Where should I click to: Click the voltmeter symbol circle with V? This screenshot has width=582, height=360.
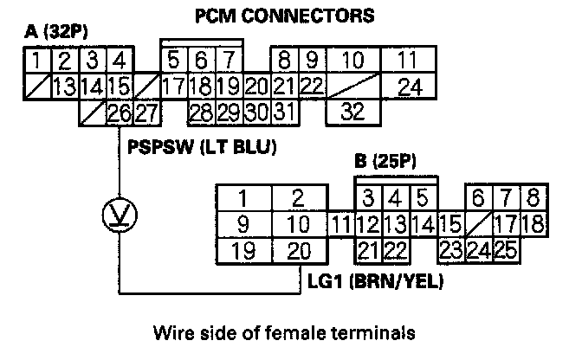(x=120, y=212)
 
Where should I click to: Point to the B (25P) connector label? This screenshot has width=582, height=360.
(x=387, y=161)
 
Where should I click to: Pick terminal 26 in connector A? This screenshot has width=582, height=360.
(x=120, y=111)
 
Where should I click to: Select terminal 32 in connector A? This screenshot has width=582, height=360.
(x=353, y=111)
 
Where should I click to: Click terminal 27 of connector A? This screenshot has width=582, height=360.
(x=145, y=111)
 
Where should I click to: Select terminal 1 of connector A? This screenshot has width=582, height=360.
(x=37, y=61)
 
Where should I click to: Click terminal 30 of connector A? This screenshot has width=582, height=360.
(x=257, y=111)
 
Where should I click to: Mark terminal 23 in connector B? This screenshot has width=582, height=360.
(x=451, y=251)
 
